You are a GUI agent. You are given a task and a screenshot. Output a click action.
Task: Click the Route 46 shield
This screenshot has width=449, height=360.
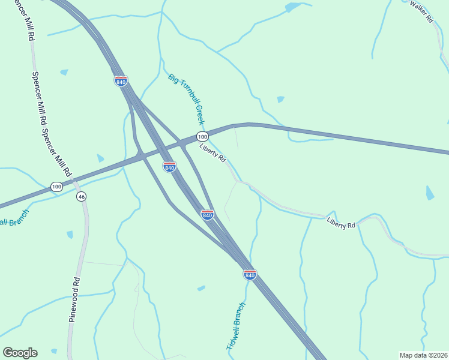pos(81,196)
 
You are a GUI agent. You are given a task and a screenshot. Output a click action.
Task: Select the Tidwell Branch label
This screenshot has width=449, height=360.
pos(236,326)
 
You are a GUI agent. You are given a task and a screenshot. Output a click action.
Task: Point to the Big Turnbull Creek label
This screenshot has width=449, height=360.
pos(187,99)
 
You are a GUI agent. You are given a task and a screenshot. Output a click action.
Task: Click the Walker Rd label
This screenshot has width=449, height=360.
pos(421,11)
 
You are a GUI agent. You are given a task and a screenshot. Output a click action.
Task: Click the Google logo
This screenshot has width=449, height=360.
pos(20,353)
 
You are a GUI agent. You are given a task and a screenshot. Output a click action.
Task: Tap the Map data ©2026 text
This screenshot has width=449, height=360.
pos(423,355)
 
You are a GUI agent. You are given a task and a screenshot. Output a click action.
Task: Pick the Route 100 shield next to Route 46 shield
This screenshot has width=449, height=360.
pos(56,187)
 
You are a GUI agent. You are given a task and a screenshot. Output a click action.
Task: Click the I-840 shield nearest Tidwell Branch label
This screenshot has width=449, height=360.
pos(250,274)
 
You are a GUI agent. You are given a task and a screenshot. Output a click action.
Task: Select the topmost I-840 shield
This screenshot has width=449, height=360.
pos(121,81)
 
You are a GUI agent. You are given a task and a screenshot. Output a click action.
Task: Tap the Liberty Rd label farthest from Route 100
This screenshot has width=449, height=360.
pos(341,223)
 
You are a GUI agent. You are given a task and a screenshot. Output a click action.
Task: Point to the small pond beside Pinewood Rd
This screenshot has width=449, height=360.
pos(70,234)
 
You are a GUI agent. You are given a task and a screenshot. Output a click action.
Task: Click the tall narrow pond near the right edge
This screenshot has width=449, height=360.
pos(430,193)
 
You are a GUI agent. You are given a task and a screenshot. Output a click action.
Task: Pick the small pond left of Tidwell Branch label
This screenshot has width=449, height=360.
pos(201,289)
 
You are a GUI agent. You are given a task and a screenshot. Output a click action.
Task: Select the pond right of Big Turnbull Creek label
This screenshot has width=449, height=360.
pos(280,99)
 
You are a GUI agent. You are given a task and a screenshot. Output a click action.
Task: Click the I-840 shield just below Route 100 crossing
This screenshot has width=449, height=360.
pos(169,167)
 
